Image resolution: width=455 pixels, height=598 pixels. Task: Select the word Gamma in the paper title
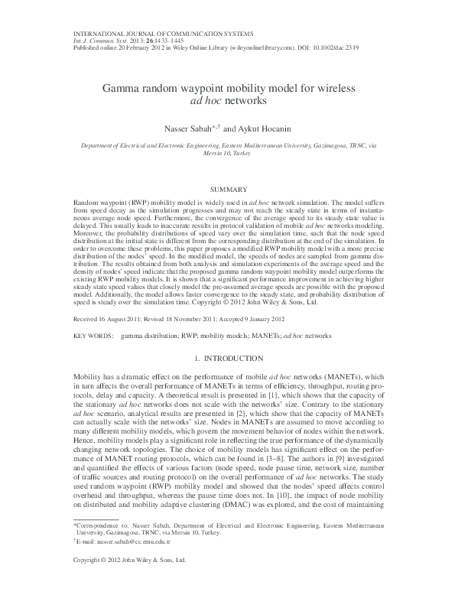(121, 89)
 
